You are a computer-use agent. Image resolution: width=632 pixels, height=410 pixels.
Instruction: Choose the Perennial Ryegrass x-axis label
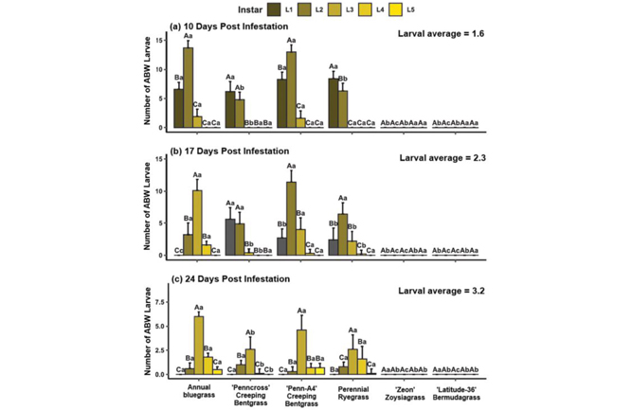[352, 390]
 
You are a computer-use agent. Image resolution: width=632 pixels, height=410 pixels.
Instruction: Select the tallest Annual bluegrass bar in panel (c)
[198, 345]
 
